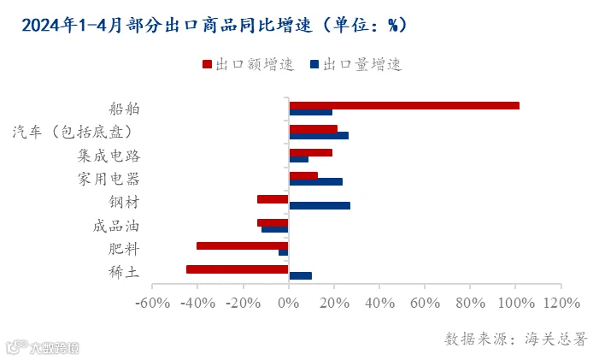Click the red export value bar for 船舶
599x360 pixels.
404,105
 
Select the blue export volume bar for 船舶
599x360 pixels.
310,112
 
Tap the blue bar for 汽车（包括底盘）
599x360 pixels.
319,136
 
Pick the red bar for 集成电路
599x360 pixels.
310,152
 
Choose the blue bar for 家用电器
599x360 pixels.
315,182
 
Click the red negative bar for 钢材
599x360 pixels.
273,199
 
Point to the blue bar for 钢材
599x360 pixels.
320,205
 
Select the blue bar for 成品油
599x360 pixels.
275,229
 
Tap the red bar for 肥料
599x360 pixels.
242,245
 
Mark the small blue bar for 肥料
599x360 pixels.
284,252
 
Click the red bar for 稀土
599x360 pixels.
238,269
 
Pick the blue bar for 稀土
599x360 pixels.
300,276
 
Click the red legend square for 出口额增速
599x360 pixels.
207,64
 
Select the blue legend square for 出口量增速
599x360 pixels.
314,64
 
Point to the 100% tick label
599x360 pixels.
516,303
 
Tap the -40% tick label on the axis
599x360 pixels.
198,303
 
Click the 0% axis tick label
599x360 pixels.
289,303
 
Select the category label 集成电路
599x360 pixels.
109,156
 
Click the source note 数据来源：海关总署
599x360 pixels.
515,339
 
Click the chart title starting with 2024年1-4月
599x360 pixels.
214,26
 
